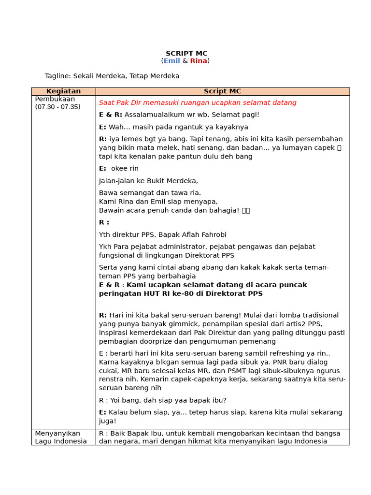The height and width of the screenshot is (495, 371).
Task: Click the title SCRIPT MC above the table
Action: (186, 54)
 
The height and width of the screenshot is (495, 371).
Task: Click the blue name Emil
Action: (171, 61)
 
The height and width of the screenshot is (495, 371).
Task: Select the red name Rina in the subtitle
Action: (198, 61)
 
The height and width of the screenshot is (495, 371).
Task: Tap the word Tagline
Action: (57, 76)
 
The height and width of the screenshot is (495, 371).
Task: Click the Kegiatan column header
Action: (63, 91)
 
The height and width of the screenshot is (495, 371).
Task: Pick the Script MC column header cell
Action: (222, 91)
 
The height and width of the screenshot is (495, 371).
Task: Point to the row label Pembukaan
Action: (55, 99)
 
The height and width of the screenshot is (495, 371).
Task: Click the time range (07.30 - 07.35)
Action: (57, 107)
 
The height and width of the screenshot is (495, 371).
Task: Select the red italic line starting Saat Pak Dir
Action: (198, 103)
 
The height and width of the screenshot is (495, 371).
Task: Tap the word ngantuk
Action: (180, 127)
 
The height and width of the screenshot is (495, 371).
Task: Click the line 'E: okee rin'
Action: (119, 169)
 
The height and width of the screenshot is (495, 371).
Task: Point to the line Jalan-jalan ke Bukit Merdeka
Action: (148, 181)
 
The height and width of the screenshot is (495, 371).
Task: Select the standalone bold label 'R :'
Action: (104, 222)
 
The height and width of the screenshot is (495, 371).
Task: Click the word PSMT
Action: (229, 371)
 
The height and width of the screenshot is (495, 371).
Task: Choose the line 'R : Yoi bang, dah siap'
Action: (162, 400)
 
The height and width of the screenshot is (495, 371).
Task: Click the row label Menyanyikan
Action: (57, 434)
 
